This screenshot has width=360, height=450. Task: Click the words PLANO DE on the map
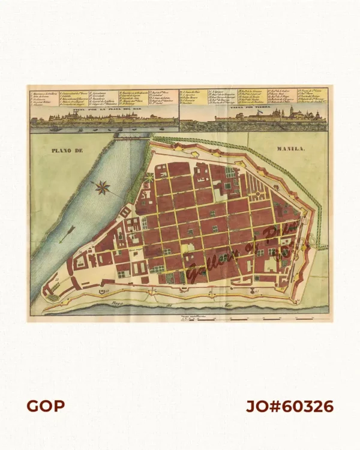point(66,150)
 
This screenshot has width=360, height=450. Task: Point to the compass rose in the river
point(101,188)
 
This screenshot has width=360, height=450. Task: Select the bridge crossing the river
point(132,137)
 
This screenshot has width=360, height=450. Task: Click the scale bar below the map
point(198,317)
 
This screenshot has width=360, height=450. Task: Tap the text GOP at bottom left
point(45,406)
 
